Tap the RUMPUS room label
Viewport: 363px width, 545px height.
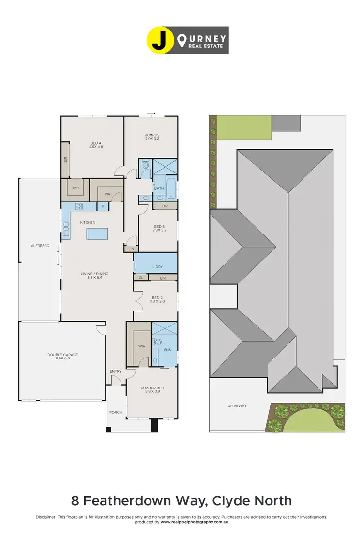point(152,135)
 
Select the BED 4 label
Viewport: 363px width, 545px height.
point(96,143)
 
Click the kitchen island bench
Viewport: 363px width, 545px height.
point(98,234)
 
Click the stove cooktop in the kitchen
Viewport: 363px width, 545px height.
point(78,206)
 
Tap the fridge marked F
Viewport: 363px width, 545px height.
point(103,206)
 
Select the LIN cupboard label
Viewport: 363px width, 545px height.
point(131,249)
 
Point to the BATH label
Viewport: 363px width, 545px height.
point(159,188)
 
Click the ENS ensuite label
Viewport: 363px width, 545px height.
point(167,349)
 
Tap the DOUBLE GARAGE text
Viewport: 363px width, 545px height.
point(62,355)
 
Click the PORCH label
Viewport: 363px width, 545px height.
point(116,412)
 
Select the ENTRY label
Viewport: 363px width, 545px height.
point(116,371)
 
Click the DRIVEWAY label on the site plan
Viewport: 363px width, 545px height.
point(237,405)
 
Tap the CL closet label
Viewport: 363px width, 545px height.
point(141,278)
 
